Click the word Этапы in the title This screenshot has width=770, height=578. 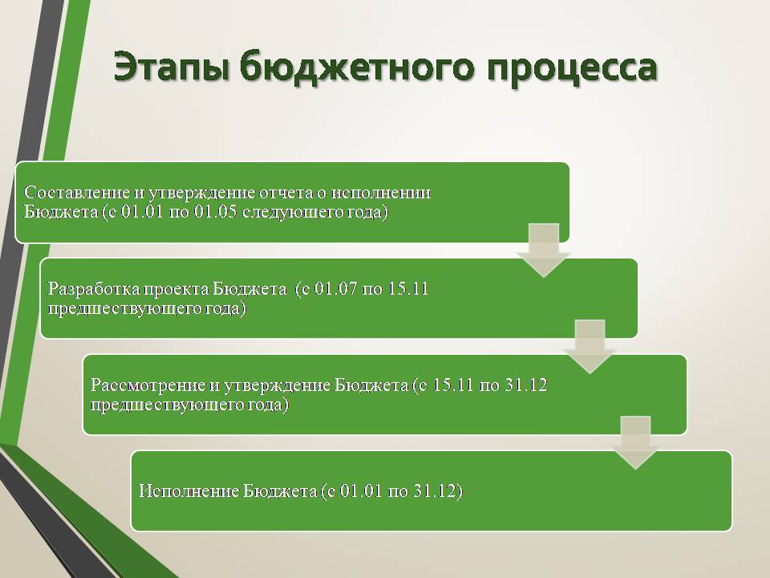(x=172, y=67)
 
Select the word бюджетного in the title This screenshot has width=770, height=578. (x=358, y=67)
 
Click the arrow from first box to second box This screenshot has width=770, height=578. (x=544, y=250)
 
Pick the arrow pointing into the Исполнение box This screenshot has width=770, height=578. (x=635, y=442)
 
